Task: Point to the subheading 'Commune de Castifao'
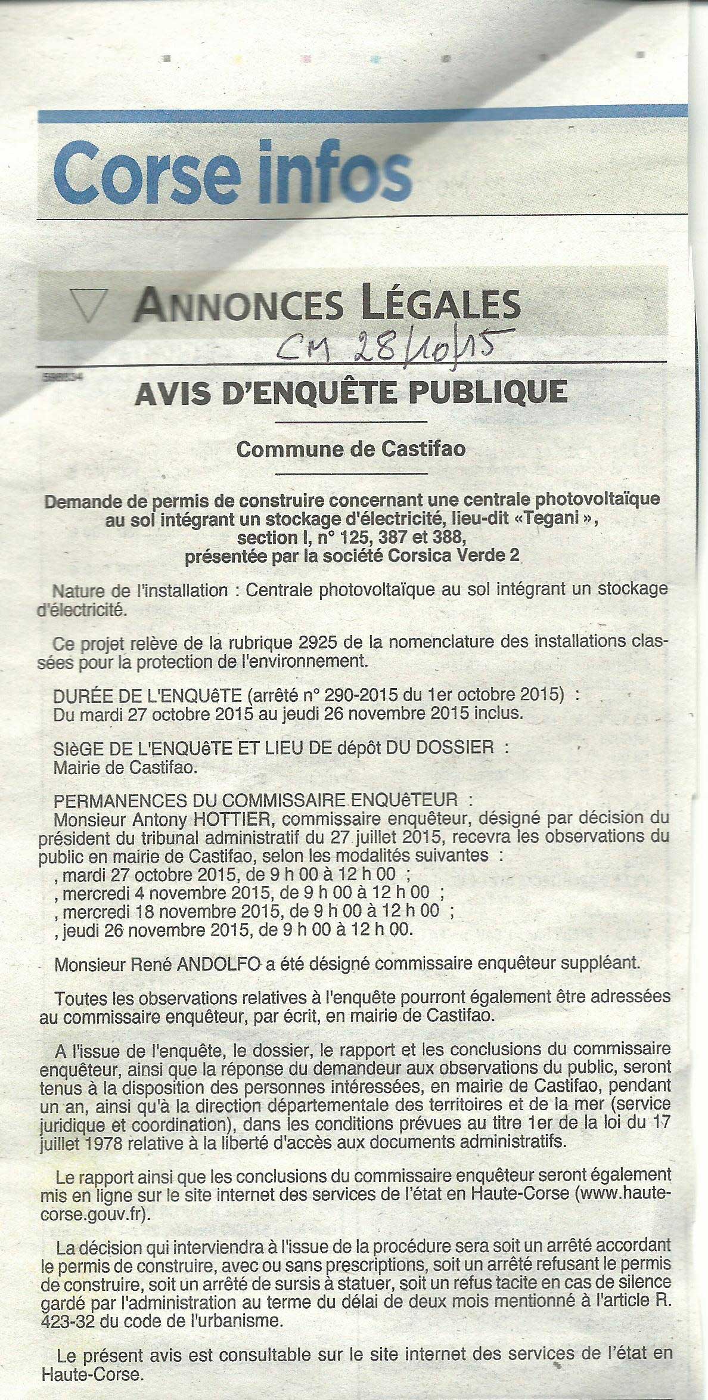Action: tap(351, 449)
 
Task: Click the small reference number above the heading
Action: tap(61, 377)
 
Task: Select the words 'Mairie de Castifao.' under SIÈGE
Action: tap(125, 767)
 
